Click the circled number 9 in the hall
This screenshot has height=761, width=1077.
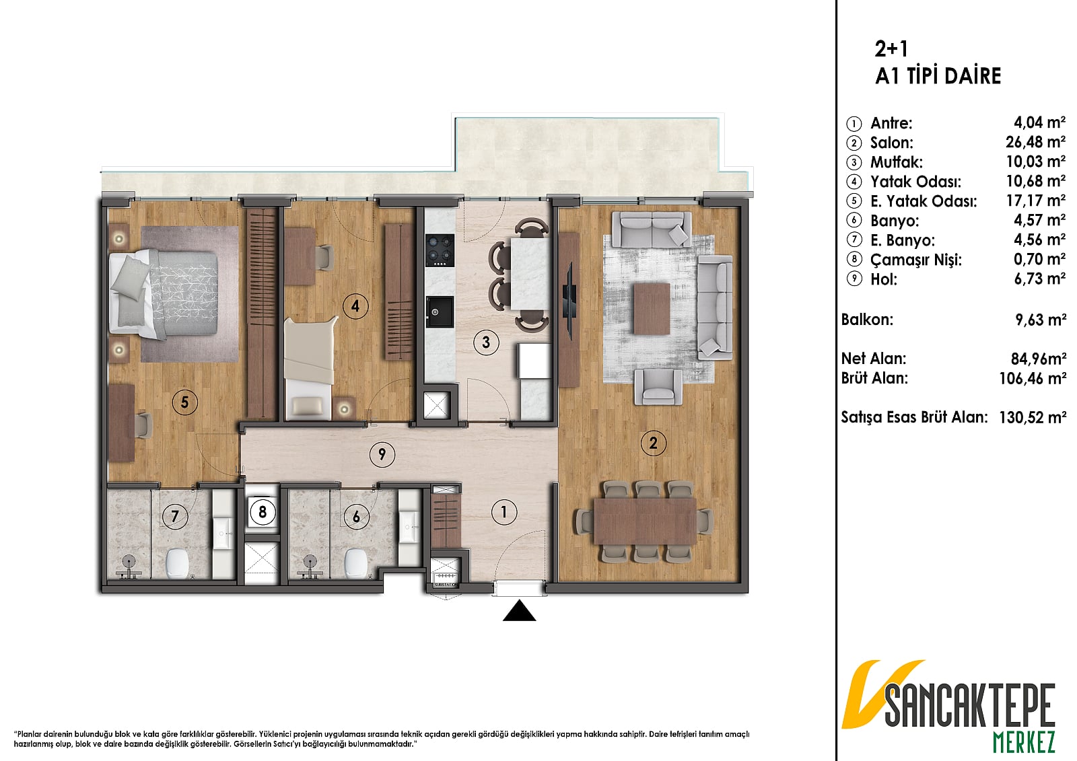[382, 454]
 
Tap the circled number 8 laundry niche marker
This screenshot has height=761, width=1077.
[263, 512]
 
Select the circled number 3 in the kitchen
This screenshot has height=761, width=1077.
[486, 342]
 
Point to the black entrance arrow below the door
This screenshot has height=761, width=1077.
[519, 610]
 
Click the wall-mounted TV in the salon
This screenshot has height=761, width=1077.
[569, 297]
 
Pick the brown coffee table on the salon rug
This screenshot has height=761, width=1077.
[652, 309]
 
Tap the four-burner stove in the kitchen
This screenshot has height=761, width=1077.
[440, 250]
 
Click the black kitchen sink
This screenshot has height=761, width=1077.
[440, 312]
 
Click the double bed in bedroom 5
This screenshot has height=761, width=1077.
[164, 293]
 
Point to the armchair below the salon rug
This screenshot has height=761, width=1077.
[658, 387]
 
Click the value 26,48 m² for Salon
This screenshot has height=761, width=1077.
[1036, 142]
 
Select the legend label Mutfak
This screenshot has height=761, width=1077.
[896, 162]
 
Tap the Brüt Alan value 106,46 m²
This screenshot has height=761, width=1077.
[1033, 379]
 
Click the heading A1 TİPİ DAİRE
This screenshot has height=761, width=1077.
[938, 76]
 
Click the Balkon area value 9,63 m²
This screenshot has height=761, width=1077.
[1041, 320]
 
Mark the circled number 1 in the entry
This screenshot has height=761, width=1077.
[504, 513]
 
